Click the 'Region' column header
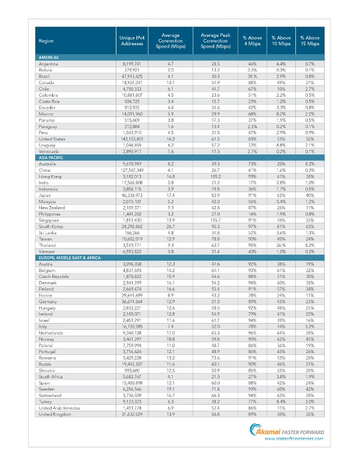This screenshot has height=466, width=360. (46, 41)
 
